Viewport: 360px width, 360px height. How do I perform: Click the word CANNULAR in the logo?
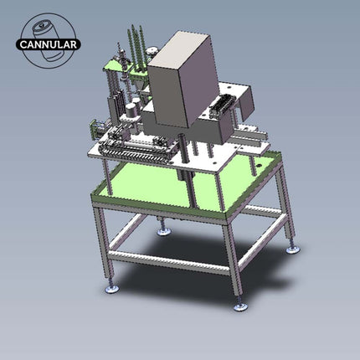(49, 44)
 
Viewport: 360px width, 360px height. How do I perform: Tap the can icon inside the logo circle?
(48, 28)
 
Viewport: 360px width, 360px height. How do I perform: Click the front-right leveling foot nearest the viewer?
(241, 306)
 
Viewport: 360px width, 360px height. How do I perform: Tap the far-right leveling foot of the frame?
(291, 249)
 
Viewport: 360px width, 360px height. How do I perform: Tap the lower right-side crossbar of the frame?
(264, 243)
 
